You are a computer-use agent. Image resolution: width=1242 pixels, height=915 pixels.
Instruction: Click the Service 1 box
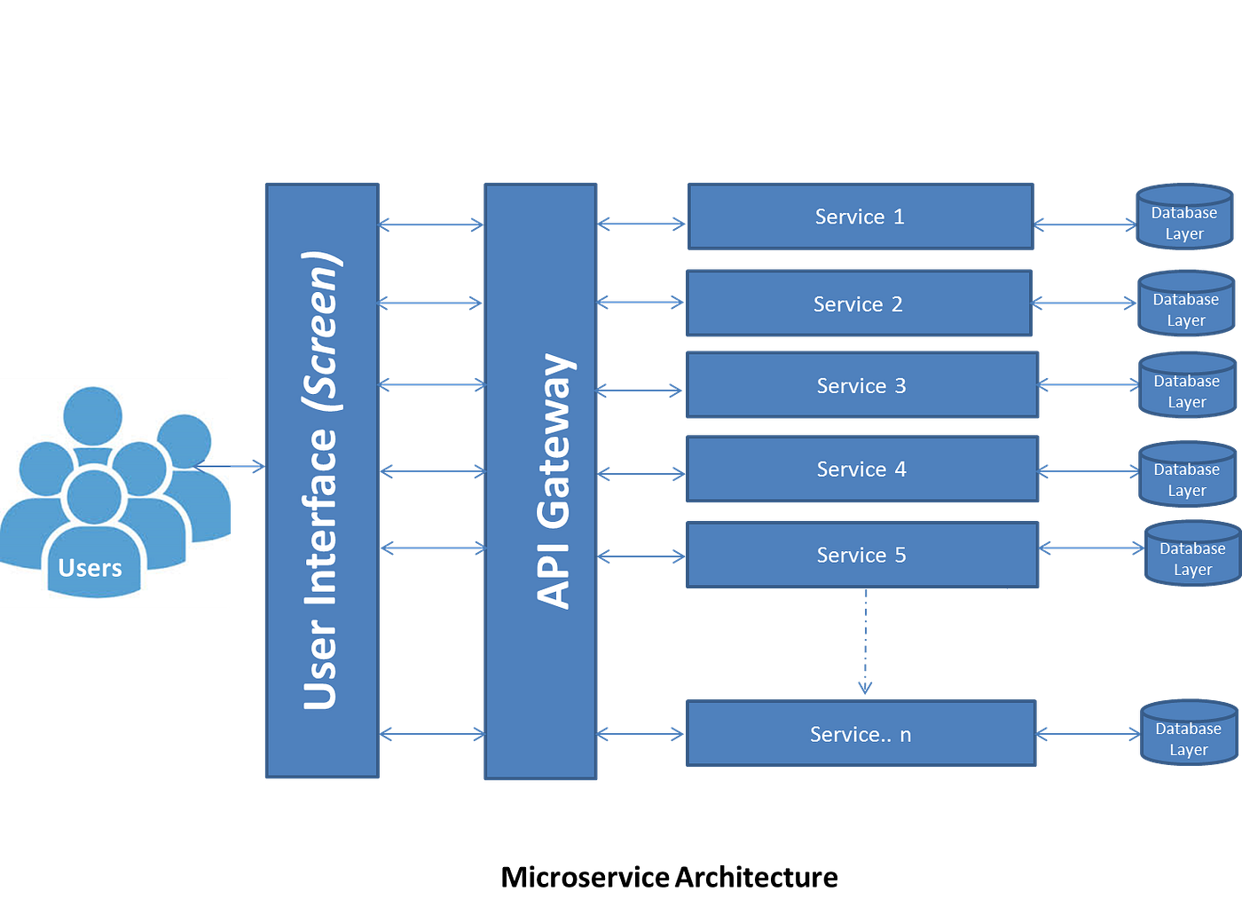coord(861,217)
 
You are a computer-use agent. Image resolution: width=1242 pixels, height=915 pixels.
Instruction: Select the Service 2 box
coord(859,304)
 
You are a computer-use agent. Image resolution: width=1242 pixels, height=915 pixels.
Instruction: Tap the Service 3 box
coord(862,385)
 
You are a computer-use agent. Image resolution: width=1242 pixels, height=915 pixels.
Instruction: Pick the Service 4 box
coord(862,469)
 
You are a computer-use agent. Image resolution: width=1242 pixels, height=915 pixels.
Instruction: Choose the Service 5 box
coord(862,556)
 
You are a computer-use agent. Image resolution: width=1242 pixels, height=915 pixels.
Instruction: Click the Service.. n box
coord(861,734)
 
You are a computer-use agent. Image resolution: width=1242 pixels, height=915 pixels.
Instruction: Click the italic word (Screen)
coord(321,330)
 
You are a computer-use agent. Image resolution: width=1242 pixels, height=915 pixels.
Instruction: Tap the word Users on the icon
coord(90,568)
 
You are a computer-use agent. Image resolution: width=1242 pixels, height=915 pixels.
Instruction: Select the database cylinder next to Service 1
coord(1184,217)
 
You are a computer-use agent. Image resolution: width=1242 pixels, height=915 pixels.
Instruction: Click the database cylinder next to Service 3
coord(1187,385)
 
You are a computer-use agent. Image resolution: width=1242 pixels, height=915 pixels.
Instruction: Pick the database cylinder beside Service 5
coord(1192,554)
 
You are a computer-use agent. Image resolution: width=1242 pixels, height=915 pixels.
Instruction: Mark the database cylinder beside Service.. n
coord(1189,733)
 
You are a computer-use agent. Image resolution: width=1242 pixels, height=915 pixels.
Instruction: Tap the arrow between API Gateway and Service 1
coord(642,224)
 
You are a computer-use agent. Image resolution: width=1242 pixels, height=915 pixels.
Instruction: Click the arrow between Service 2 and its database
coord(1084,304)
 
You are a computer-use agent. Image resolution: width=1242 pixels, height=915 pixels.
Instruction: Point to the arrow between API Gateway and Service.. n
coord(642,734)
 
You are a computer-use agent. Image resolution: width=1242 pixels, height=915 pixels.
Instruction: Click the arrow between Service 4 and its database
coord(1088,470)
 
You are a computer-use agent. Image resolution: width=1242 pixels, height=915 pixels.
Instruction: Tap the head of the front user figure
coord(94,496)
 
